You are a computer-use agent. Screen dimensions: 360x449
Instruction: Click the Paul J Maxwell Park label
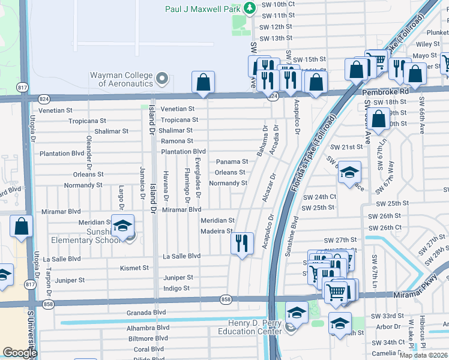[203, 9]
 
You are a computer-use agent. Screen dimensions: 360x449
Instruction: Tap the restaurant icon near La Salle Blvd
[242, 243]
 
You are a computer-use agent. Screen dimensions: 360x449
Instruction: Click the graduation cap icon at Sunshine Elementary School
[122, 226]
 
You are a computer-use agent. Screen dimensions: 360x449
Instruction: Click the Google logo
[19, 353]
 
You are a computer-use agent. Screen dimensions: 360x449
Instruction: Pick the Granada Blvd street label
[146, 313]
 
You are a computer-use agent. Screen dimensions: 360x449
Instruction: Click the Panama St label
[232, 162]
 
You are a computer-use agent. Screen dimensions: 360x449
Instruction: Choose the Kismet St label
[133, 268]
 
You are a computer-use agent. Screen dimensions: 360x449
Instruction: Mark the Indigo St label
[176, 289]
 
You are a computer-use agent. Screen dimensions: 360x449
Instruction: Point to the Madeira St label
[217, 231]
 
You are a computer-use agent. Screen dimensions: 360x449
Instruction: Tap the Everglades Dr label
[197, 172]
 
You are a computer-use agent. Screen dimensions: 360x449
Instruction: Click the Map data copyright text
[424, 355]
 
